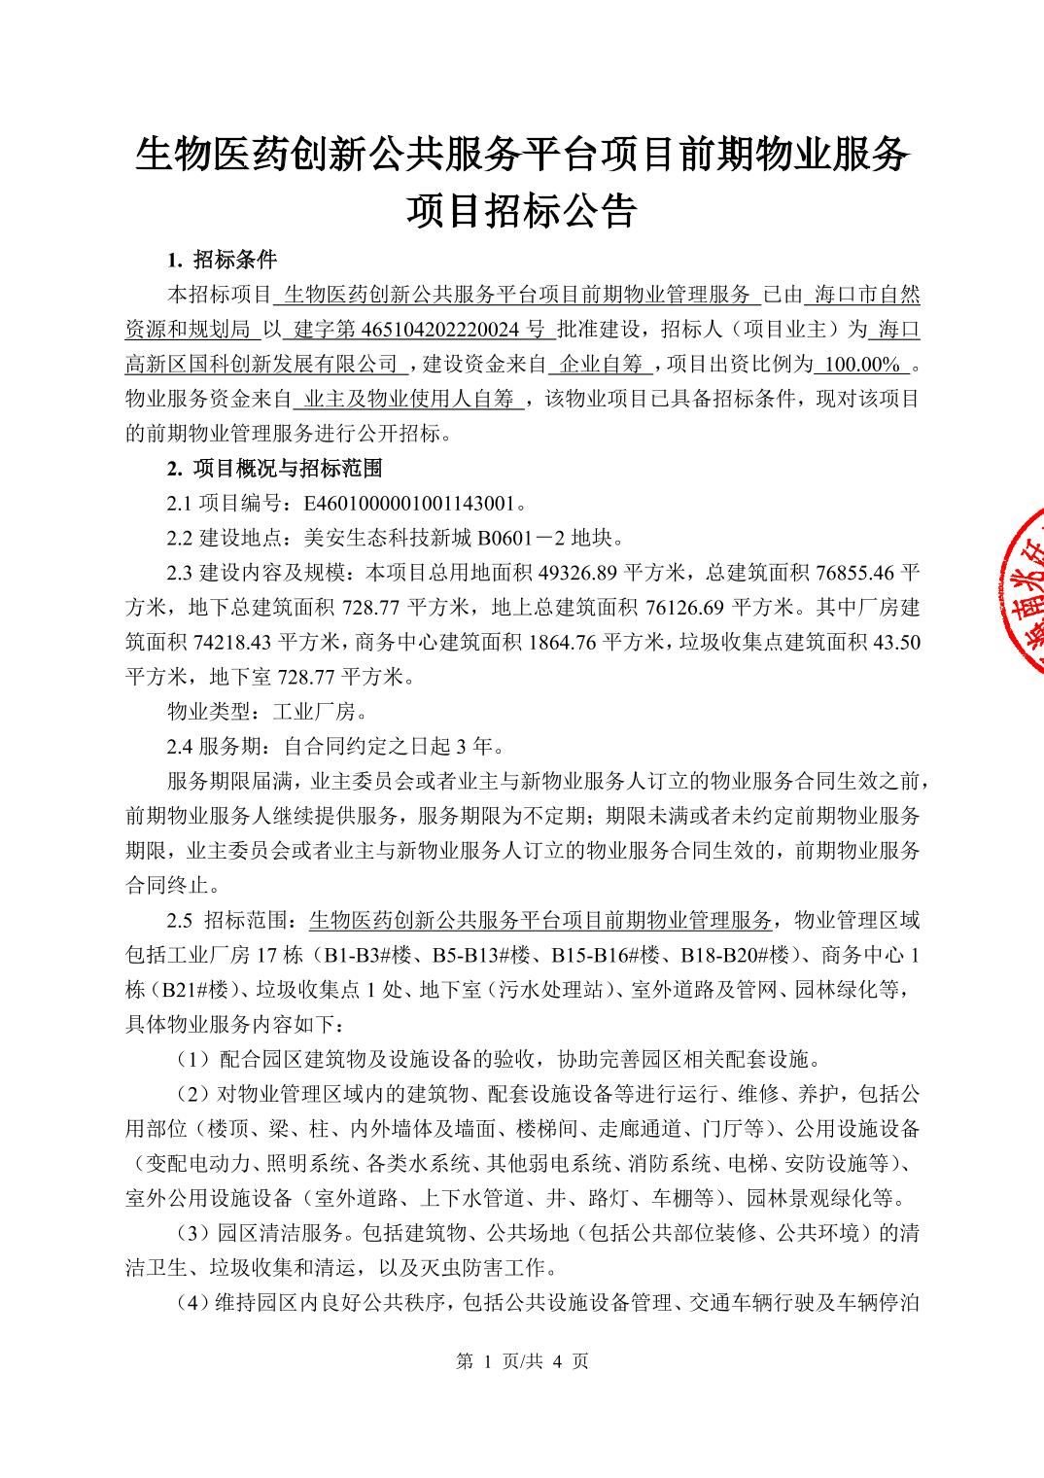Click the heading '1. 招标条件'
pyautogui.click(x=222, y=260)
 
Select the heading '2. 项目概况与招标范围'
pyautogui.click(x=275, y=469)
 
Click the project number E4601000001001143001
pyautogui.click(x=409, y=504)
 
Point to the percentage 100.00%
pyautogui.click(x=859, y=365)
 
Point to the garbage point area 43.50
pyautogui.click(x=895, y=643)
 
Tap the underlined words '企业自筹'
pyautogui.click(x=604, y=365)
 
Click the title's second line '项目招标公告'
pyautogui.click(x=521, y=210)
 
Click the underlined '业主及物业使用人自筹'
pyautogui.click(x=408, y=399)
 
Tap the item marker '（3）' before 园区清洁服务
pyautogui.click(x=194, y=1234)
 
